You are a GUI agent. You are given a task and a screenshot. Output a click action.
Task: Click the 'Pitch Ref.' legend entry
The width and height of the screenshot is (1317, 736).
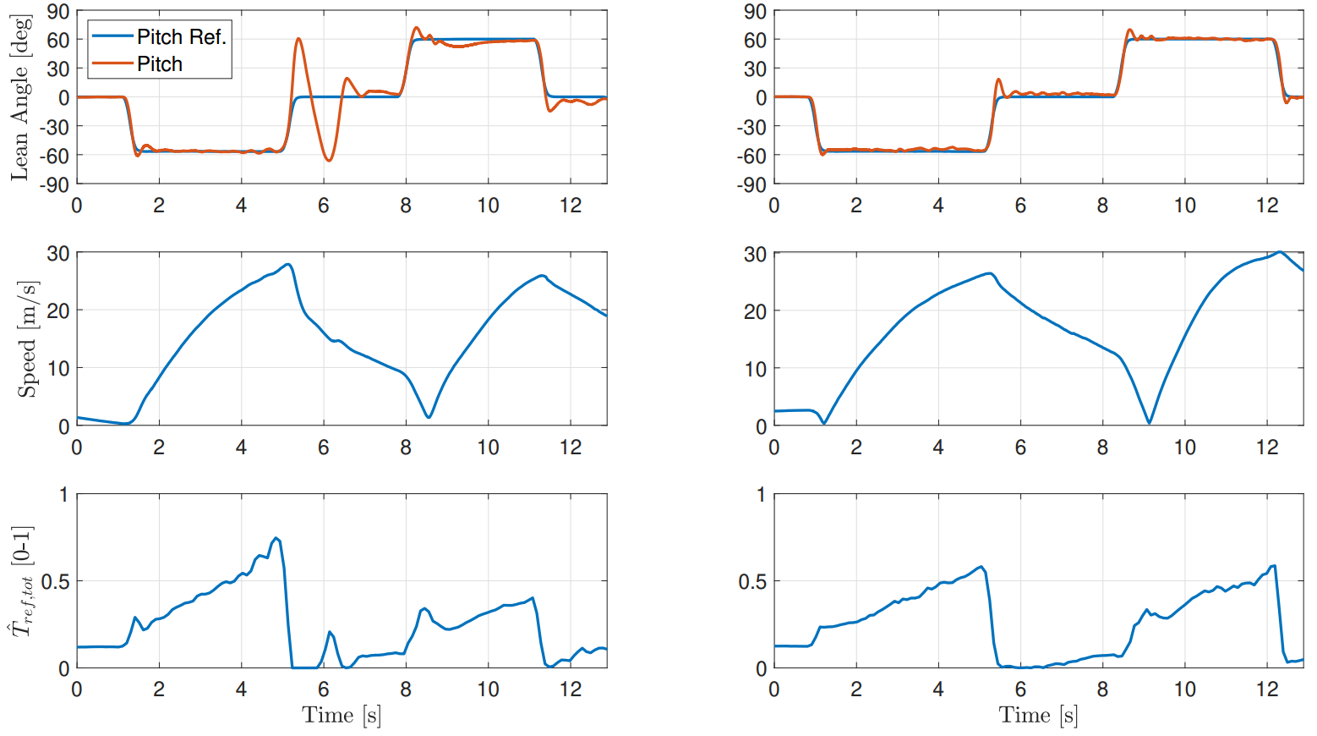click(x=181, y=36)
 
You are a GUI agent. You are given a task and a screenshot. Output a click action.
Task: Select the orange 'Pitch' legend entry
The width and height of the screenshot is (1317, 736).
click(x=160, y=64)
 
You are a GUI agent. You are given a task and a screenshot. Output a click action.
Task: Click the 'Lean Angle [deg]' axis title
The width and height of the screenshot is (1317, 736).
click(x=20, y=97)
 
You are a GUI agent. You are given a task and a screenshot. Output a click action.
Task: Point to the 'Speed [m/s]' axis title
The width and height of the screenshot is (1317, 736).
click(x=28, y=339)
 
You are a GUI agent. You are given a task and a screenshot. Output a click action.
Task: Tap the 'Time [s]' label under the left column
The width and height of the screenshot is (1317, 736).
click(x=342, y=716)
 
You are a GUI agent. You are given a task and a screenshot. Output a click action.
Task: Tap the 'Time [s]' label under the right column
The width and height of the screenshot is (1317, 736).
click(x=1038, y=716)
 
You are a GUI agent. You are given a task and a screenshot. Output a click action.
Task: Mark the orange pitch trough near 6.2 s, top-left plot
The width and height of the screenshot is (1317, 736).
click(x=329, y=160)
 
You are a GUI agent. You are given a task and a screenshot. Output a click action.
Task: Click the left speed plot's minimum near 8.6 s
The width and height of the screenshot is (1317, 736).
click(x=429, y=417)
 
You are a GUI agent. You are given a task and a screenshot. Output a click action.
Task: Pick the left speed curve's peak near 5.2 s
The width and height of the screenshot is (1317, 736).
click(x=289, y=265)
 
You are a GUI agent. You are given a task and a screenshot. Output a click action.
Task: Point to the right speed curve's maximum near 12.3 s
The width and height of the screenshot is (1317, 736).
click(x=1280, y=252)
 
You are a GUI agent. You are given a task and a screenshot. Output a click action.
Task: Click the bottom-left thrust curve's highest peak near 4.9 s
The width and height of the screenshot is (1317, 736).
click(x=276, y=538)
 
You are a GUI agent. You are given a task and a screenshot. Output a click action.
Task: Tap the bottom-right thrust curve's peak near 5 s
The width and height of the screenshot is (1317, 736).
click(x=981, y=567)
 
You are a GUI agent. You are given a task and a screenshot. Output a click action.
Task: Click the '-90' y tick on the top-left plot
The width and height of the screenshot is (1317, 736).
click(x=57, y=184)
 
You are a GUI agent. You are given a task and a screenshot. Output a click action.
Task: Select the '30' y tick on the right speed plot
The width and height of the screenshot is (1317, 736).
click(x=756, y=254)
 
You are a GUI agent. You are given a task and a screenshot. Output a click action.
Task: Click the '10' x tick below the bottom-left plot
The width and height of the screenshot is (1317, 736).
click(x=488, y=689)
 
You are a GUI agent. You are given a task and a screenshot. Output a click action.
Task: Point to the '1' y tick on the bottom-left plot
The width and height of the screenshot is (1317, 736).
click(x=64, y=494)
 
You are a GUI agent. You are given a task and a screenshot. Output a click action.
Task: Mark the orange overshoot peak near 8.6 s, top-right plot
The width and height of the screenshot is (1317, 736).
click(x=1130, y=30)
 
